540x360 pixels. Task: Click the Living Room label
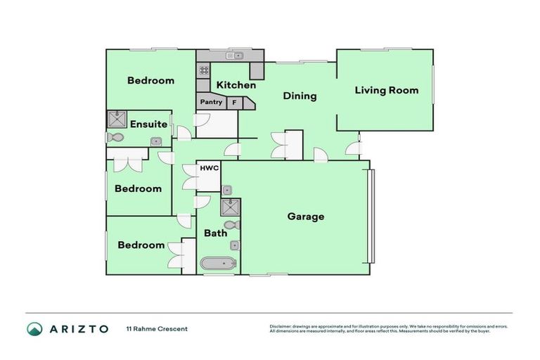point(386,90)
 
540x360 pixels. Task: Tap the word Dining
point(300,96)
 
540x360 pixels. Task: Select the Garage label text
point(306,217)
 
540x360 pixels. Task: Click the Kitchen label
point(236,85)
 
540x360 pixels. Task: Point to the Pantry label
point(211,103)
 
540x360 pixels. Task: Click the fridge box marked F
point(233,103)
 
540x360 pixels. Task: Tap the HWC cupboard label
point(210,169)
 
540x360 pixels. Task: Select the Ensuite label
point(148,124)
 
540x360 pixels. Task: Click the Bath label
point(215,233)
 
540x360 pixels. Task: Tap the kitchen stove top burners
point(204,70)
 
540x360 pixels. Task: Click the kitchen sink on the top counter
point(233,56)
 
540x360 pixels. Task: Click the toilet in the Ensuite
point(115,138)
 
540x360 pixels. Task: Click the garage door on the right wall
point(373,216)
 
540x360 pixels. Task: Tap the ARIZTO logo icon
point(34,328)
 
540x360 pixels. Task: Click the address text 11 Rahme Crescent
point(157,328)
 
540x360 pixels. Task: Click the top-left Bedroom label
point(150,81)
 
